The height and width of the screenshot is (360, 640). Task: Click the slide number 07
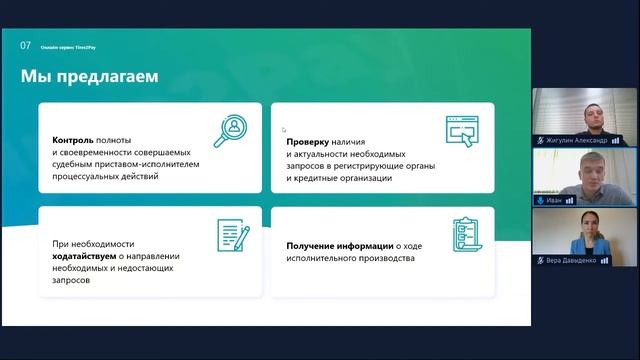[x=25, y=45]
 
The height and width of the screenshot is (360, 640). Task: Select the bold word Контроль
[x=73, y=140]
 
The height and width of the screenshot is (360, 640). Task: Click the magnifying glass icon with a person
[x=232, y=130]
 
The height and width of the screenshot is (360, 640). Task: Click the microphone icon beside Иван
[x=540, y=200]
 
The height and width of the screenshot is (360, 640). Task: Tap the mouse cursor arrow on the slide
[x=284, y=129]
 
